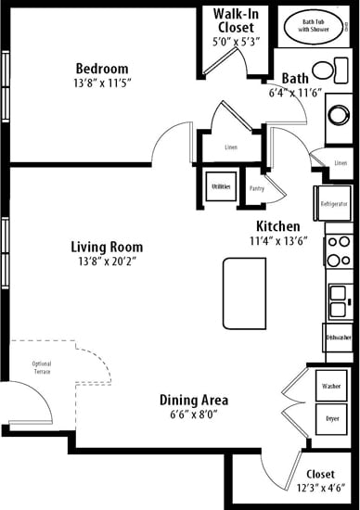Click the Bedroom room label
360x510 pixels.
point(102,69)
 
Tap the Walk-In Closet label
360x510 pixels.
point(236,15)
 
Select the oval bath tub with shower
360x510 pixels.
point(323,24)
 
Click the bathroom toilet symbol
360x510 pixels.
point(324,70)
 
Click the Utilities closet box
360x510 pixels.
point(221,186)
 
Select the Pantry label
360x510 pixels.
point(257,188)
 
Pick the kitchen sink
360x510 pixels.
point(337,300)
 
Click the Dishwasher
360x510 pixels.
point(338,339)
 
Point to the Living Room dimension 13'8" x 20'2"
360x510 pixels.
point(108,263)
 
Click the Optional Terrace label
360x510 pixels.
point(42,367)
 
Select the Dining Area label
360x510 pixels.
point(194,401)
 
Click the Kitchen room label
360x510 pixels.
point(277,226)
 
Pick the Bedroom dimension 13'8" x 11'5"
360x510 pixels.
point(102,85)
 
